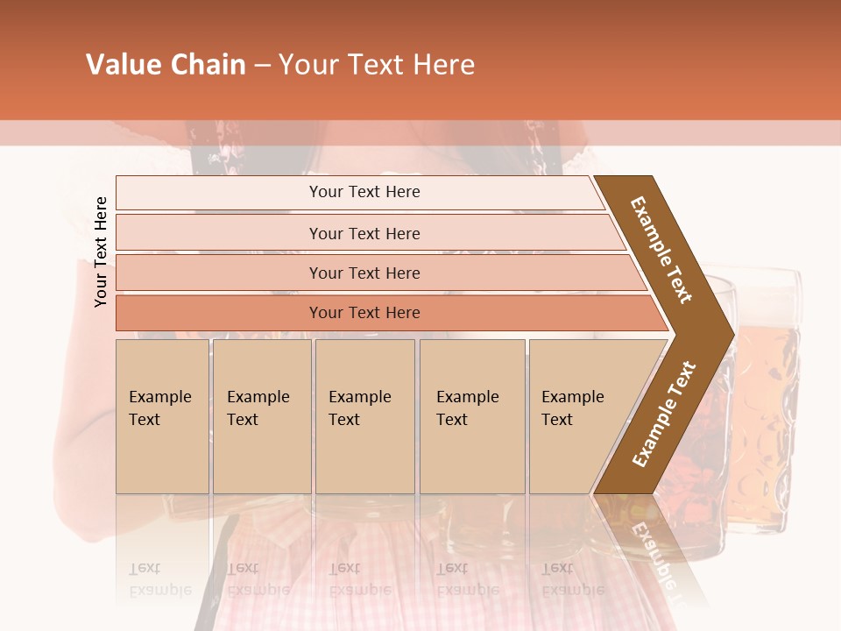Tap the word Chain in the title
click(207, 65)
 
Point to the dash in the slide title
click(261, 66)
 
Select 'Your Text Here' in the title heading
click(377, 65)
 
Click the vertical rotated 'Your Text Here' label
click(101, 252)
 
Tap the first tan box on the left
click(162, 416)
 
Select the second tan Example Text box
click(261, 416)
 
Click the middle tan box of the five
click(364, 416)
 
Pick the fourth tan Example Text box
click(472, 416)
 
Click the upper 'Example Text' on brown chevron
click(661, 250)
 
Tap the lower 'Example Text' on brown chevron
click(663, 415)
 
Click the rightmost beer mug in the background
click(767, 403)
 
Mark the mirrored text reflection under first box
click(159, 579)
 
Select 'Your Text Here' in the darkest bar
click(364, 313)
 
